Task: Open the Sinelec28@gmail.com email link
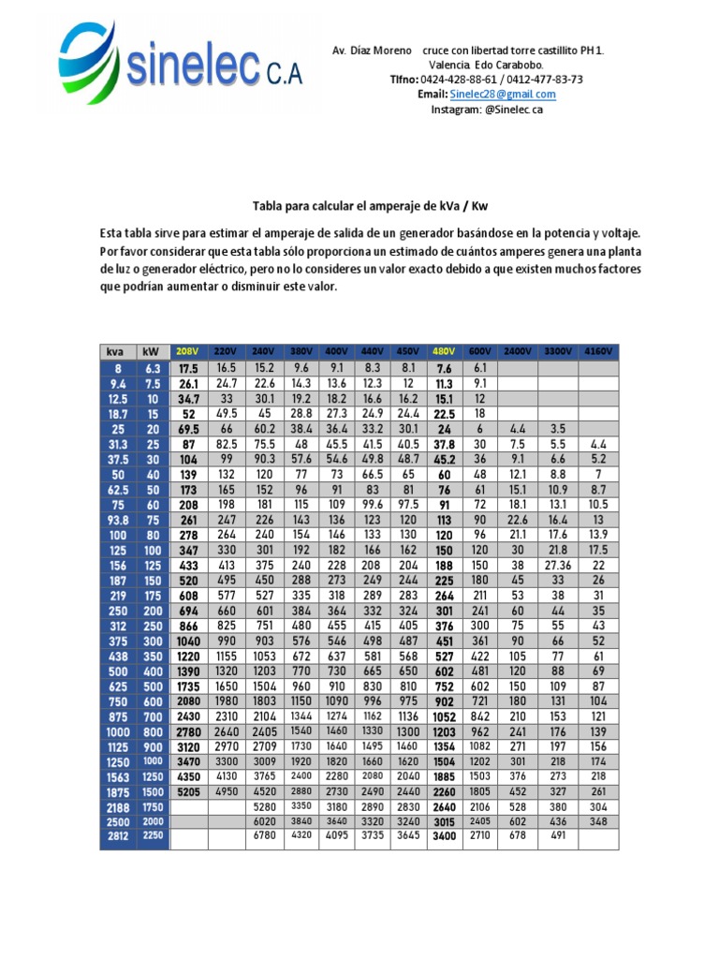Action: click(x=502, y=95)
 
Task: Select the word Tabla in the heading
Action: click(x=271, y=205)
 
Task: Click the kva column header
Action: click(x=116, y=352)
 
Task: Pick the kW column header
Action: click(x=151, y=352)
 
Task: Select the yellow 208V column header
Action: click(x=188, y=352)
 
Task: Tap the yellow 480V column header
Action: click(x=444, y=352)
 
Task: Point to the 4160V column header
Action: click(x=598, y=352)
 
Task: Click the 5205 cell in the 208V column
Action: click(x=188, y=791)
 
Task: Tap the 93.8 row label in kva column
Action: click(x=116, y=520)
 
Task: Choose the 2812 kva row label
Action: click(x=116, y=835)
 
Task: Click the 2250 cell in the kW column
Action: click(x=151, y=835)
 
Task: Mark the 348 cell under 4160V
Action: click(x=598, y=820)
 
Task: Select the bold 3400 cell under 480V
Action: click(x=444, y=835)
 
